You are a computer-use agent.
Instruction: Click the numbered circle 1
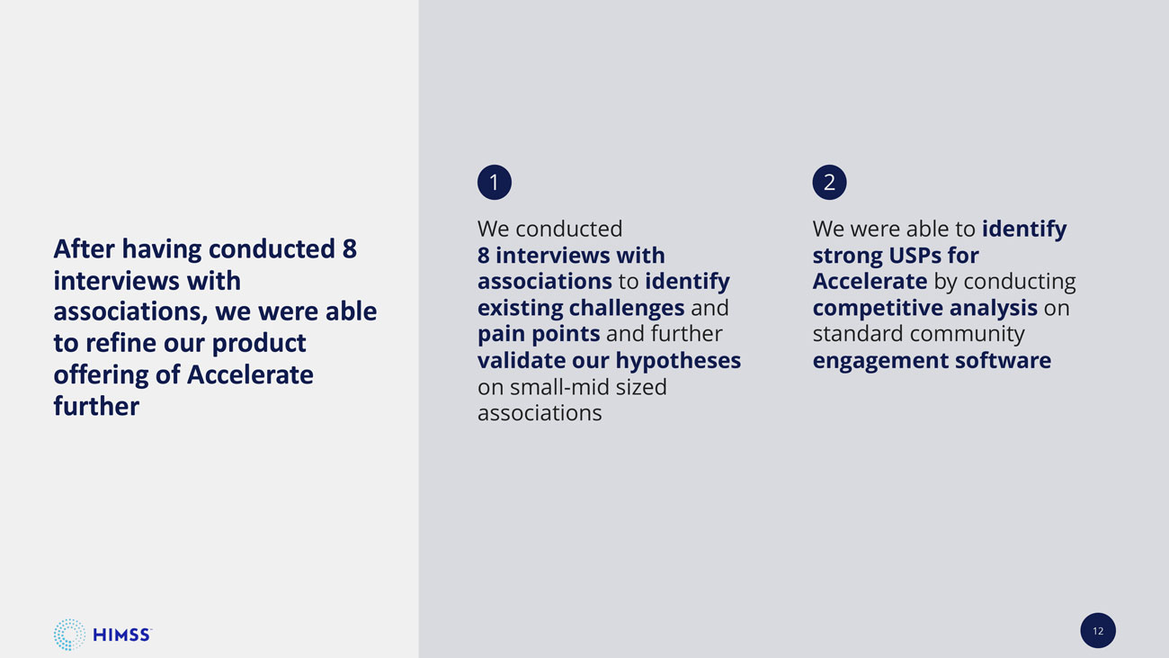tap(495, 182)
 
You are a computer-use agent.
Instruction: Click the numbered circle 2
tap(829, 182)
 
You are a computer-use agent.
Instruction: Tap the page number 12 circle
tap(1098, 630)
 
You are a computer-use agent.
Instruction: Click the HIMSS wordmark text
tap(122, 635)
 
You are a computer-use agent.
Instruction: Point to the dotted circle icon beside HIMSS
tap(69, 635)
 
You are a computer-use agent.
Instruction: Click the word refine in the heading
tap(120, 343)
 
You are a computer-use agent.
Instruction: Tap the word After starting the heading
tap(84, 248)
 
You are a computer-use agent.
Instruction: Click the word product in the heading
tap(259, 344)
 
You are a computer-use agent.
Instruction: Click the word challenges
tap(626, 308)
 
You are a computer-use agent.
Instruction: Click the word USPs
tap(915, 256)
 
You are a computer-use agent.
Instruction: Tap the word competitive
tap(878, 308)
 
